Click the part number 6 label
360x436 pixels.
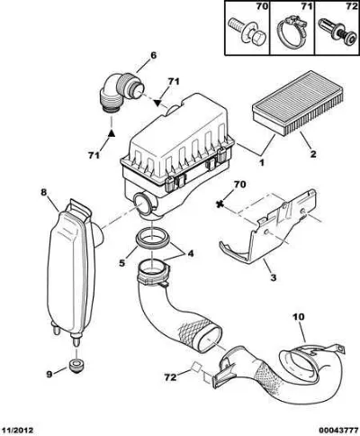pyautogui.click(x=153, y=55)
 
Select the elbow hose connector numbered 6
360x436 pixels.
pyautogui.click(x=120, y=93)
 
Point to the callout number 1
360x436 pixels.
pyautogui.click(x=262, y=163)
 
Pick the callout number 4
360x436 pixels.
pyautogui.click(x=191, y=254)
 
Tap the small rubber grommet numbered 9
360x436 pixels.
pyautogui.click(x=76, y=366)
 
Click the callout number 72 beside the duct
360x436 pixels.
pyautogui.click(x=170, y=377)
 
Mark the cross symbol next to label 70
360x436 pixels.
pyautogui.click(x=221, y=204)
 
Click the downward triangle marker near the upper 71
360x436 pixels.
pyautogui.click(x=157, y=103)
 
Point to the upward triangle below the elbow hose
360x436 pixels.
pyautogui.click(x=112, y=133)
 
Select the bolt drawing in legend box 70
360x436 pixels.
pyautogui.click(x=246, y=32)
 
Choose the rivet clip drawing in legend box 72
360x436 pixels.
pyautogui.click(x=337, y=32)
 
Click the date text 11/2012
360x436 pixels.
pyautogui.click(x=17, y=431)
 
